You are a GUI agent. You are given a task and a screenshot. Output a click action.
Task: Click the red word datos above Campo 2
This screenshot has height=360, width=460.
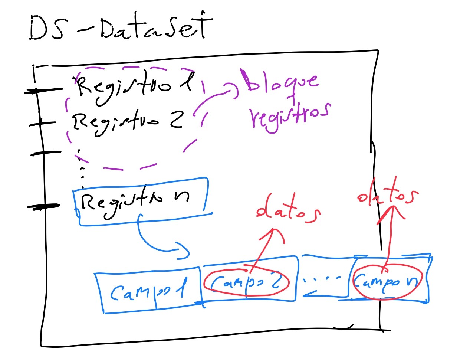tap(287, 211)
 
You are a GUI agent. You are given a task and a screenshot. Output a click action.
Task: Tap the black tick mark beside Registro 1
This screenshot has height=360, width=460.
tap(43, 90)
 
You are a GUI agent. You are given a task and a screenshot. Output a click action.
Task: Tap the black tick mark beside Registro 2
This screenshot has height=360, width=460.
tap(42, 123)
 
